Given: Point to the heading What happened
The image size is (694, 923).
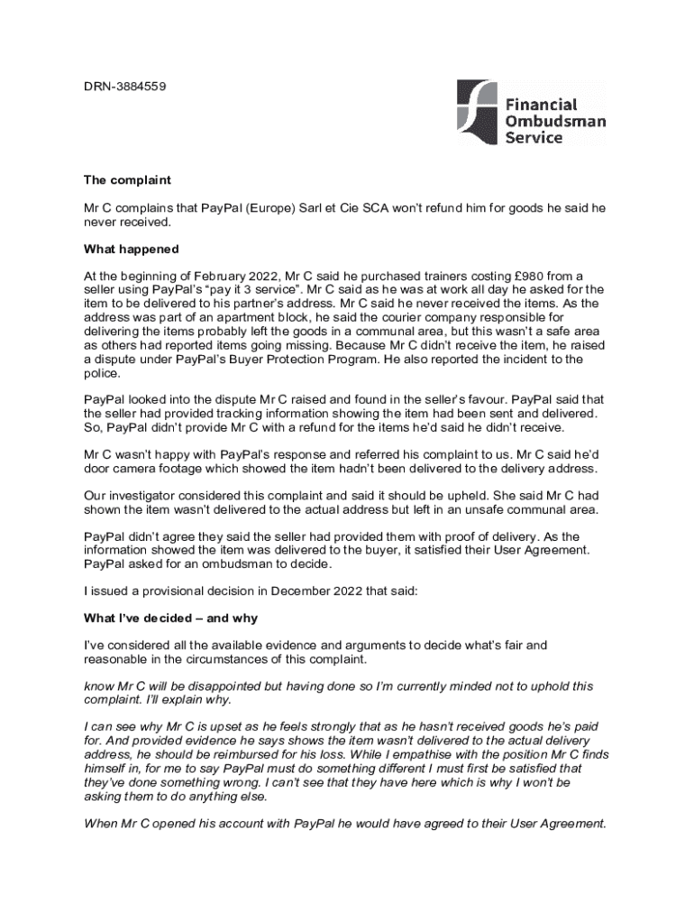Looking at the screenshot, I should click(x=132, y=249).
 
